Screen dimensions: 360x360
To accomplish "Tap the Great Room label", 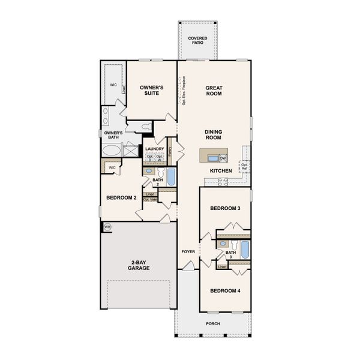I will [214, 90].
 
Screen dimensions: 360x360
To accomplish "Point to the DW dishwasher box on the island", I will [223, 158].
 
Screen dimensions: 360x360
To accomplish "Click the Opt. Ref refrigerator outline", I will [244, 165].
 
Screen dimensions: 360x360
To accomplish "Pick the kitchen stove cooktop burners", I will [223, 182].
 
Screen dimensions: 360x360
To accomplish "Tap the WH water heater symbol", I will [107, 227].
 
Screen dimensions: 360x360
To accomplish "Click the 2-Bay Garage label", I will [139, 265].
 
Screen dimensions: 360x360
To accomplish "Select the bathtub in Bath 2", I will [171, 177].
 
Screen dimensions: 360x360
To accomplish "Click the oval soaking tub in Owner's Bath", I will [112, 150].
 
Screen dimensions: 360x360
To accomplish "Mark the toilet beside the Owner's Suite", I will [146, 127].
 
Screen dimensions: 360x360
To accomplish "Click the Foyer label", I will [188, 252].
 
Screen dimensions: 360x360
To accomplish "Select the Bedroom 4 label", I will [225, 292].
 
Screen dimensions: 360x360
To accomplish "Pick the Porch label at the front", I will [212, 324].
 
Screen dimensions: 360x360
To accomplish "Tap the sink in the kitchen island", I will [212, 158].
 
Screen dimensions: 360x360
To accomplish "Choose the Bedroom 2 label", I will [122, 197].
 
